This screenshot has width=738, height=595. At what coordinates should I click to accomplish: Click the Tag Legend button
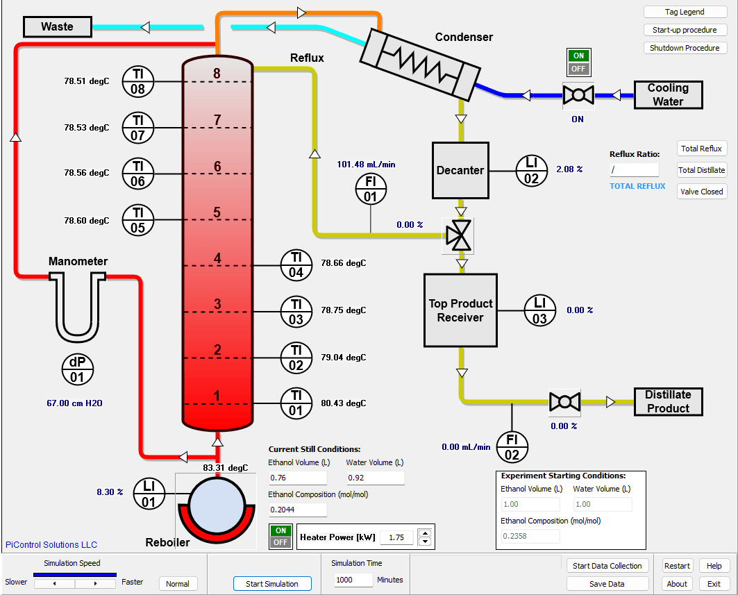pos(685,12)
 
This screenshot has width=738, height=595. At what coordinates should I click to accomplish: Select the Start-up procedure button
pos(685,30)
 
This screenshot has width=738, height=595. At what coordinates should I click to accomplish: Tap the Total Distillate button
pos(702,170)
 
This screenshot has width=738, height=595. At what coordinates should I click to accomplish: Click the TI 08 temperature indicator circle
pos(138,82)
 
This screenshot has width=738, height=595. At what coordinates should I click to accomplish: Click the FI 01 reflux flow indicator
pos(370,189)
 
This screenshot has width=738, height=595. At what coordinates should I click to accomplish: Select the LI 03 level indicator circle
pos(539,311)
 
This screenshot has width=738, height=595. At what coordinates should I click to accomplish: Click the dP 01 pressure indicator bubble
pos(76,370)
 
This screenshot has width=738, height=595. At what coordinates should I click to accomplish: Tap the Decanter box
pos(460,170)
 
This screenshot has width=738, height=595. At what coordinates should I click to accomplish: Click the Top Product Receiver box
pos(460,310)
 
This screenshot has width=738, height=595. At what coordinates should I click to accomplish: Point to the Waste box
pos(58,26)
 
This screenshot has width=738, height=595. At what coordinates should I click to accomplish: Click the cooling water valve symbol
pos(578,95)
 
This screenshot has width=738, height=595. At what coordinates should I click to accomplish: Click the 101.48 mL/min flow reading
pos(366,165)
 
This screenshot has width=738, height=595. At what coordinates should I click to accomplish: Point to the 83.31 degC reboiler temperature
pos(225,467)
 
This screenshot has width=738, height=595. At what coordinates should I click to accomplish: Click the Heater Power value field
pos(397,537)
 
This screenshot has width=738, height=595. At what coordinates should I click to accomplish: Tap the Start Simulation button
pos(272,584)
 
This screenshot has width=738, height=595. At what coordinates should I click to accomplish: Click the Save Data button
pos(607,584)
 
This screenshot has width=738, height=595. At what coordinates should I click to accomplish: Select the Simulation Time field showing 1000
pos(353,580)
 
